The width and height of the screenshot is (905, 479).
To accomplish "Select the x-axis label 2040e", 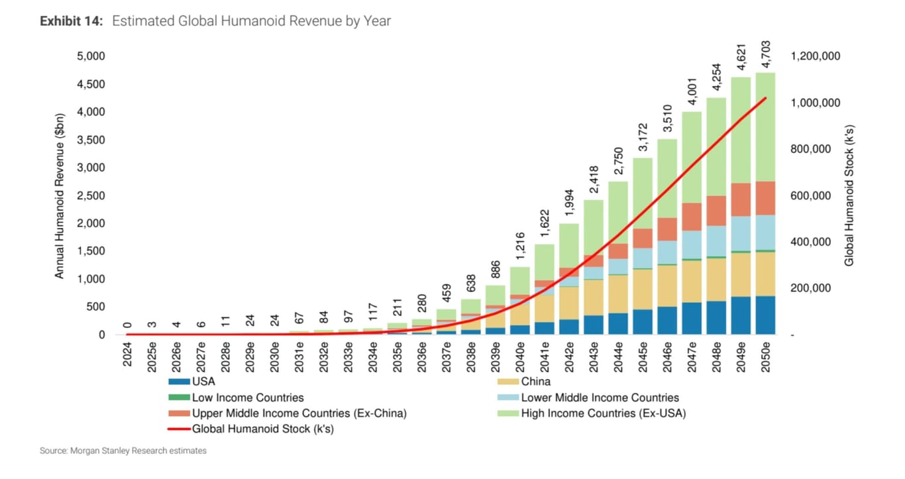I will pos(519,357).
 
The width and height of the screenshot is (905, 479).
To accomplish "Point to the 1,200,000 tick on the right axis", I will pos(816,56).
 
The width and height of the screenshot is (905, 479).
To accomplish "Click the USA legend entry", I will pos(203,381).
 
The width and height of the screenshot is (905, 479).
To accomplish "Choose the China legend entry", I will pos(535,381).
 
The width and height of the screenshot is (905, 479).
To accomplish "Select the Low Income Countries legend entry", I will pos(247,398).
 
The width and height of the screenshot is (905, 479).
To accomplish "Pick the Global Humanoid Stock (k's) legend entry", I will pos(262,429).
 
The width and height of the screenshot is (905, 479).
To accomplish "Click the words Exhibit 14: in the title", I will pos(72,21).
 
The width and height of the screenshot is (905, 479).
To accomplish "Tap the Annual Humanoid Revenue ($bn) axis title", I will pos(60,195).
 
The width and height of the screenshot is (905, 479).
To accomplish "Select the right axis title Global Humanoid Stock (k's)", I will pos(849,195).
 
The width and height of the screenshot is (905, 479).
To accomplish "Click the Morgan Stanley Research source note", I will pos(123,451).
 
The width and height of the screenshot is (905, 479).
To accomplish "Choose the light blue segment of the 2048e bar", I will pos(717,241).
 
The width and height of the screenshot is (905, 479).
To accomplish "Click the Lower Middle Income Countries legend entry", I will pos(600,398).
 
